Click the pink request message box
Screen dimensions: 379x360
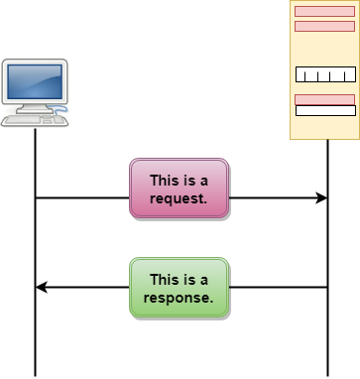[x=179, y=188]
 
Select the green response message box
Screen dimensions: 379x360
[x=179, y=287]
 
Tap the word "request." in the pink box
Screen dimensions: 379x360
[x=179, y=197]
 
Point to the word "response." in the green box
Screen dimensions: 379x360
[x=179, y=297]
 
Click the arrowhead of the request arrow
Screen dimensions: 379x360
[x=321, y=198]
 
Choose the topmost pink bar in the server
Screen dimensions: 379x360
[x=324, y=12]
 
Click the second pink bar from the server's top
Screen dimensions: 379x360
[x=324, y=26]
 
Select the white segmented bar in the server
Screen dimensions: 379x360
[x=325, y=74]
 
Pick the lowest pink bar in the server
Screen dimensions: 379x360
[x=324, y=98]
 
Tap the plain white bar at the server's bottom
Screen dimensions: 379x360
[x=325, y=110]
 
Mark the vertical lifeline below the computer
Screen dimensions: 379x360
[x=36, y=337]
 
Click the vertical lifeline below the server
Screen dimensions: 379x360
[x=327, y=337]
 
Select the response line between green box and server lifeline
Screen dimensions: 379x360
[x=278, y=288]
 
